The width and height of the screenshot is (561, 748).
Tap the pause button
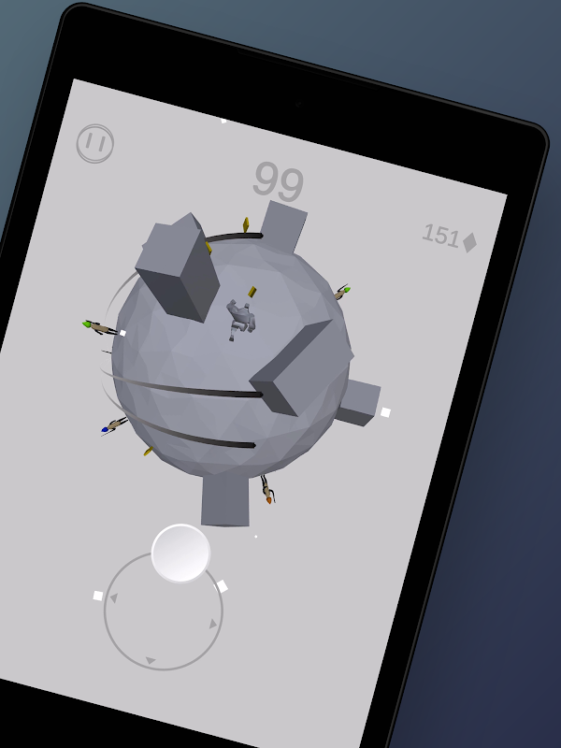coord(95,143)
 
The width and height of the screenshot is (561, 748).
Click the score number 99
coord(278,181)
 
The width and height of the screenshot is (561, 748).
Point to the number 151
coord(440,236)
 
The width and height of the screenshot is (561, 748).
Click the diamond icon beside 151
coord(470,242)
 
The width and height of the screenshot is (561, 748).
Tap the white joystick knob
coord(180,554)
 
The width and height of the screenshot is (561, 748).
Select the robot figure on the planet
coord(241,319)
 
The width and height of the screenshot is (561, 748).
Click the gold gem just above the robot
coord(252,291)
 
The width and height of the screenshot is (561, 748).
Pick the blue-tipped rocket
coord(113,425)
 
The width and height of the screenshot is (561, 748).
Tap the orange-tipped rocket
coord(267,489)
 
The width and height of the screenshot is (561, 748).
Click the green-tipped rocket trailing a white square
coord(101,328)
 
